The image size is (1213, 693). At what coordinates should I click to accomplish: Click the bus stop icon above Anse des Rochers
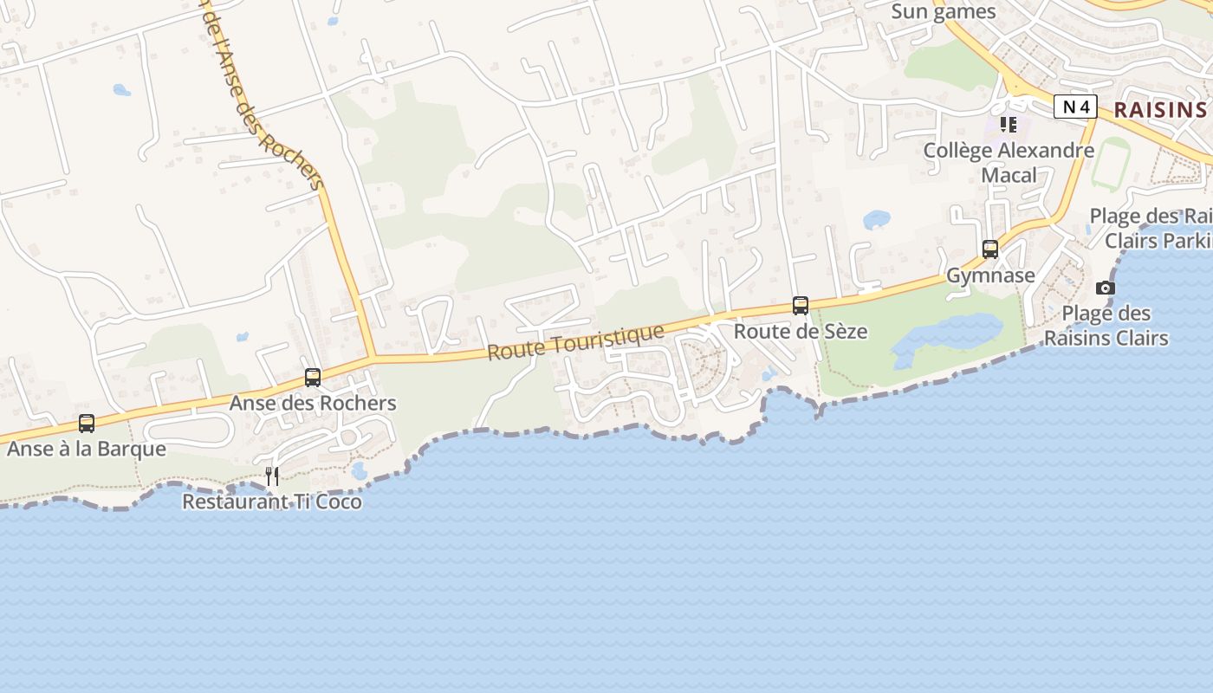313,378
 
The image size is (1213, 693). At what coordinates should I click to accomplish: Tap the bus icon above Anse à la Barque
87,424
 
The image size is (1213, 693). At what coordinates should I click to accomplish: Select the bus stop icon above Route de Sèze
801,306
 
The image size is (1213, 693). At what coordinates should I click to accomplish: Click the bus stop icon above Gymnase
990,249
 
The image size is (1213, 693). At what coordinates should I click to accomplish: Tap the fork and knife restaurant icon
272,476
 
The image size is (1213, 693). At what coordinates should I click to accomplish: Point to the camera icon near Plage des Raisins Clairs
1106,288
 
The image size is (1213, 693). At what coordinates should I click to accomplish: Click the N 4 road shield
1075,107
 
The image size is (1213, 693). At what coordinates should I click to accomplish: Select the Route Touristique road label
575,342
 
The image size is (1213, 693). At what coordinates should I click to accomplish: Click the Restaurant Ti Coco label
272,502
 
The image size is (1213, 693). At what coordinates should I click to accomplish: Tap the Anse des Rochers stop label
313,403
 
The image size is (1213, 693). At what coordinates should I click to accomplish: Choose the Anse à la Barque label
87,449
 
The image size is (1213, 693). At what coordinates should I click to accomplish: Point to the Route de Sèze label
801,331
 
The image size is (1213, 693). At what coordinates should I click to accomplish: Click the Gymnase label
990,275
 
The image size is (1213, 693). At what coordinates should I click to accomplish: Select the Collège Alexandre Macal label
1009,162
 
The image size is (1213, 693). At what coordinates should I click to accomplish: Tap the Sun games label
944,12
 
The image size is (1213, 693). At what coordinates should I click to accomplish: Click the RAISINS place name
1159,109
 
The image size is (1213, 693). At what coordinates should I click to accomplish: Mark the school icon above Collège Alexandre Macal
1008,125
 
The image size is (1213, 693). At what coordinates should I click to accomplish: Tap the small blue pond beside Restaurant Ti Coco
360,470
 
